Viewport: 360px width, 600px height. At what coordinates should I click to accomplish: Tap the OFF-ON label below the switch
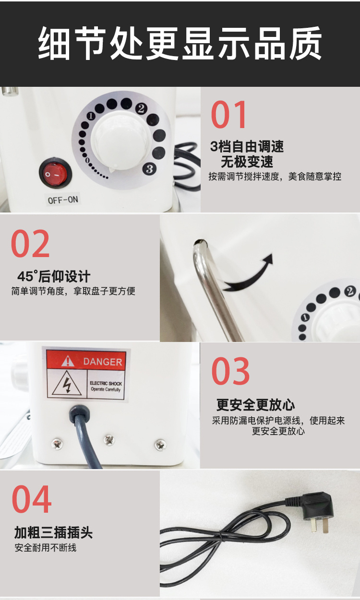point(63,200)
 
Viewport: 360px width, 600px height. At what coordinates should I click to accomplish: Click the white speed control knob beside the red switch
point(120,141)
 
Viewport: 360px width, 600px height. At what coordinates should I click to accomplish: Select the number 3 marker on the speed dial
point(149,169)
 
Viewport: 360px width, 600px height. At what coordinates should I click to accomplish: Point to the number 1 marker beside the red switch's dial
point(91,116)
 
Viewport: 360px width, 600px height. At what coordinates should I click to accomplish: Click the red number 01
point(228,115)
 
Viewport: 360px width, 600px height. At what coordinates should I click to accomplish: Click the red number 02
point(30,244)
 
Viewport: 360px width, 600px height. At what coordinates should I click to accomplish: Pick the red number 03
point(230,371)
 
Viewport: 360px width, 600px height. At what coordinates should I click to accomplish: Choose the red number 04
point(32,499)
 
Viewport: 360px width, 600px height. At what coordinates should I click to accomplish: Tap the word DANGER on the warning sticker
point(103,362)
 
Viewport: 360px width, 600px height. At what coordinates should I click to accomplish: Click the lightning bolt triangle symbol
point(67,384)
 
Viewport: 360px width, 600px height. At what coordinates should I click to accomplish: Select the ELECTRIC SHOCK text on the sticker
point(106,384)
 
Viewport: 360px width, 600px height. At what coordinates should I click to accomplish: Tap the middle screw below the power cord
point(109,440)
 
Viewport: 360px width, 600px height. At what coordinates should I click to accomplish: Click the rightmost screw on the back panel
point(160,445)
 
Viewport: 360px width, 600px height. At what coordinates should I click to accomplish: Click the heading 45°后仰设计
point(54,276)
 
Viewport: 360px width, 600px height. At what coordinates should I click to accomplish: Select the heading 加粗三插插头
point(53,532)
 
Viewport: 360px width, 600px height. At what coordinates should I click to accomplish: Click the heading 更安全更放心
point(255,405)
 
